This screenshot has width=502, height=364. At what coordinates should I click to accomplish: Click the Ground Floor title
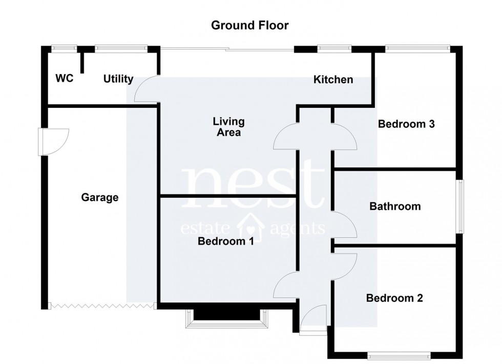[x=250, y=25]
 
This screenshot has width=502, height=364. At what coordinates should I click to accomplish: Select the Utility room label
[x=118, y=79]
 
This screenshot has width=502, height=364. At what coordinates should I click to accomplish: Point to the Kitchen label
[x=333, y=79]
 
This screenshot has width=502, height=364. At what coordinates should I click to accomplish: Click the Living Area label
[x=228, y=127]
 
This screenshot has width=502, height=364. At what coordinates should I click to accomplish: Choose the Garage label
[x=100, y=197]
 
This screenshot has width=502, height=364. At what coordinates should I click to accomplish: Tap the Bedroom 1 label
[x=226, y=241]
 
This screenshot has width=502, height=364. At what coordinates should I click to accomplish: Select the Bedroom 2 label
[x=394, y=298]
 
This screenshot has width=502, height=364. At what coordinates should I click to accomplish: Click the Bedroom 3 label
[x=406, y=124]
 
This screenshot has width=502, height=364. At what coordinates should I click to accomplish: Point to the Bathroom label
[x=395, y=207]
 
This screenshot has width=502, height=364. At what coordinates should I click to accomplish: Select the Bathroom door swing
[x=344, y=225]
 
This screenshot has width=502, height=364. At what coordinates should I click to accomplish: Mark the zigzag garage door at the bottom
[x=101, y=306]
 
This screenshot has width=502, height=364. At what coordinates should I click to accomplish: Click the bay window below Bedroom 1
[x=225, y=318]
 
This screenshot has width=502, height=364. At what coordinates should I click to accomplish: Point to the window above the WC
[x=64, y=49]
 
